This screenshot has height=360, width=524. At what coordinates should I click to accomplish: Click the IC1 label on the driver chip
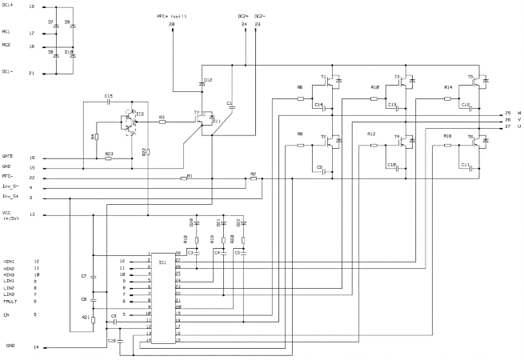pyautogui.click(x=162, y=262)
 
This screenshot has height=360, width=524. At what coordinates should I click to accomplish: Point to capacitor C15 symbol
pyautogui.click(x=109, y=102)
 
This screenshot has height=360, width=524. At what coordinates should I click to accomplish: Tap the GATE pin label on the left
pyautogui.click(x=8, y=157)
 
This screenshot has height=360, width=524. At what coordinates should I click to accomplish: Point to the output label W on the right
pyautogui.click(x=518, y=113)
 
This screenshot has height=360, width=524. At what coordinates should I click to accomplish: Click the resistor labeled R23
pyautogui.click(x=109, y=158)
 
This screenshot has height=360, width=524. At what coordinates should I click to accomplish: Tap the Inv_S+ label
pyautogui.click(x=10, y=197)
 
